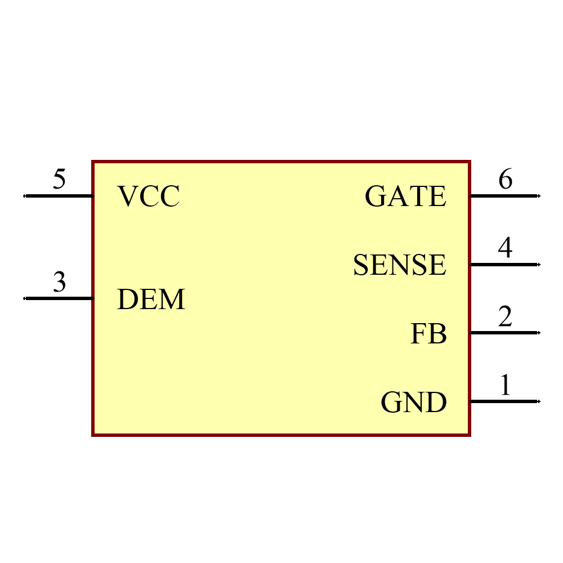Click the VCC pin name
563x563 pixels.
(148, 196)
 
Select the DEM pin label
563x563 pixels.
(151, 300)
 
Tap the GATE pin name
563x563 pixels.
(405, 196)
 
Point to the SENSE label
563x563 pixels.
(400, 265)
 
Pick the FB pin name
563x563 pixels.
(428, 334)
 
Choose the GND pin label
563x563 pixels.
(414, 403)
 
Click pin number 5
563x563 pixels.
(59, 179)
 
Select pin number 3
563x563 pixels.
(59, 281)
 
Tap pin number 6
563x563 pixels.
(505, 179)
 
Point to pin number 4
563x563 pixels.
(505, 248)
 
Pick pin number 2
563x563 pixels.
(505, 316)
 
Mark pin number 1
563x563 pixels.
(506, 385)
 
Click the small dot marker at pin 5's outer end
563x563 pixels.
(24, 196)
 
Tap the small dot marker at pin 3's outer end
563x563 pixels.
(24, 298)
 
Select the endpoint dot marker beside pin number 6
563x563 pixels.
(539, 196)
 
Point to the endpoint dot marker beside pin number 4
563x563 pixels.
(539, 264)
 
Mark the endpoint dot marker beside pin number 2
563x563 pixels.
(539, 333)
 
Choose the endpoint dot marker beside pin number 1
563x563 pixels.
(539, 401)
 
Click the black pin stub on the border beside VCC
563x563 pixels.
(92, 196)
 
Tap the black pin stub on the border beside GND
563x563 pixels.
(470, 401)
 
